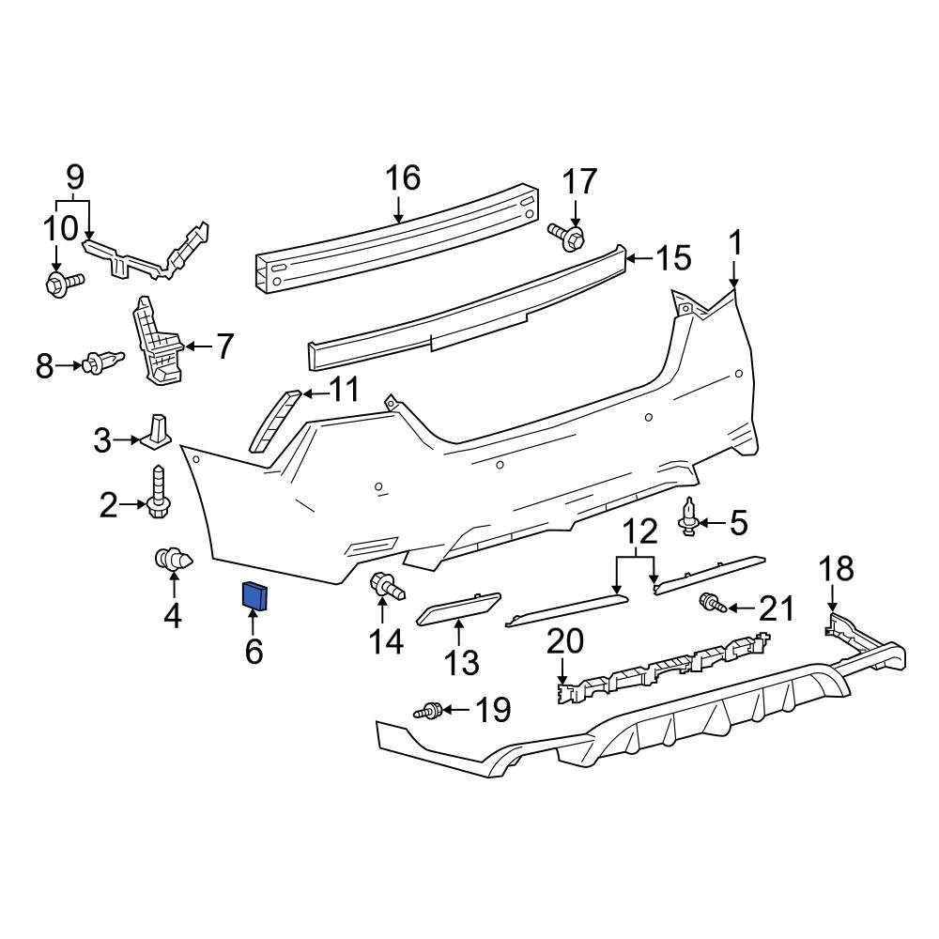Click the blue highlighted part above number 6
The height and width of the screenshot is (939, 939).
click(255, 594)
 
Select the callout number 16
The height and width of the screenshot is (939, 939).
click(403, 177)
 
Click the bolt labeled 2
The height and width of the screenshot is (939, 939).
click(158, 492)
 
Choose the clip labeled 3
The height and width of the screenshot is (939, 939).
click(157, 431)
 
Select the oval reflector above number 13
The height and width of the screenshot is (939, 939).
click(457, 611)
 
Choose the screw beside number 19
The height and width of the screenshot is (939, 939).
click(429, 711)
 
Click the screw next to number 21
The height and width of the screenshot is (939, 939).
click(711, 603)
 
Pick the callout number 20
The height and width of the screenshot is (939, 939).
click(564, 642)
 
